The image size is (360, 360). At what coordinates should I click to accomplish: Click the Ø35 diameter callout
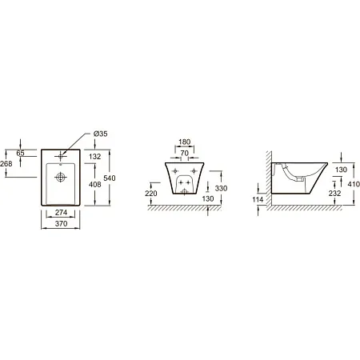coord(101,134)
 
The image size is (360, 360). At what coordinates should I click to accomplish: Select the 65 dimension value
coord(20,153)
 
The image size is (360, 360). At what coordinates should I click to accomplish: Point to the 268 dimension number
coord(6,164)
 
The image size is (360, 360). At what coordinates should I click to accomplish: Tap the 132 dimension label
coord(95,157)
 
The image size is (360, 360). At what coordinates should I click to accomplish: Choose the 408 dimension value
coord(95,184)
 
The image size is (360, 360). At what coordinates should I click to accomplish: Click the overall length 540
coord(110,178)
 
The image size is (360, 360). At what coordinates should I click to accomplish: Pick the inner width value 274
coord(61,213)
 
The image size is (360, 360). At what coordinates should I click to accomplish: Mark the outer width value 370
coord(61,223)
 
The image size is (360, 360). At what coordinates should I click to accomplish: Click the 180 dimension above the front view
coord(185,142)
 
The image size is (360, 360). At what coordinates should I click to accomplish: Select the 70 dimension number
coord(185,154)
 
